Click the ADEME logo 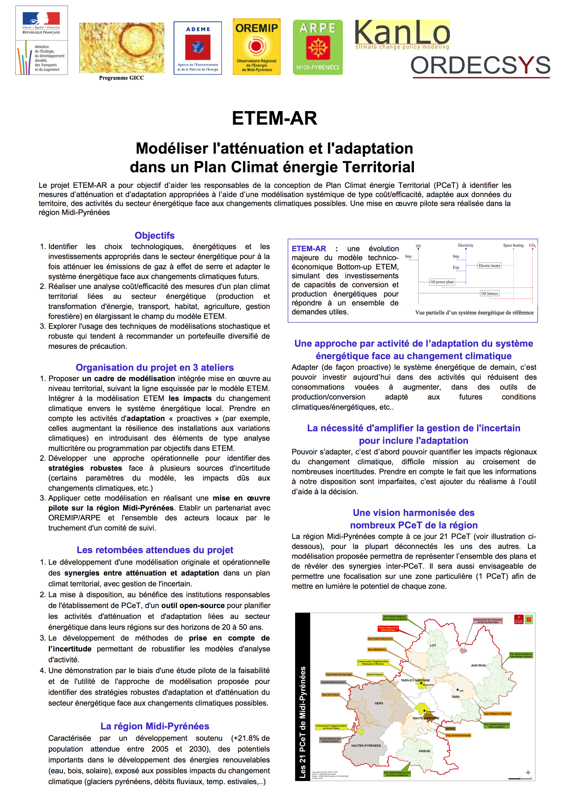pyautogui.click(x=198, y=48)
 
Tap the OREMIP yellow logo pyautogui.click(x=256, y=47)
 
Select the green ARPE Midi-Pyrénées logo pyautogui.click(x=318, y=47)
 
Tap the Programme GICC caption pyautogui.click(x=121, y=78)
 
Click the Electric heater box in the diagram pyautogui.click(x=489, y=266)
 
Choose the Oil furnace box pyautogui.click(x=489, y=293)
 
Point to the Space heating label pyautogui.click(x=513, y=245)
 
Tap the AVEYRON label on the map pyautogui.click(x=478, y=665)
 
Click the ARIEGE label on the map pyautogui.click(x=424, y=751)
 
